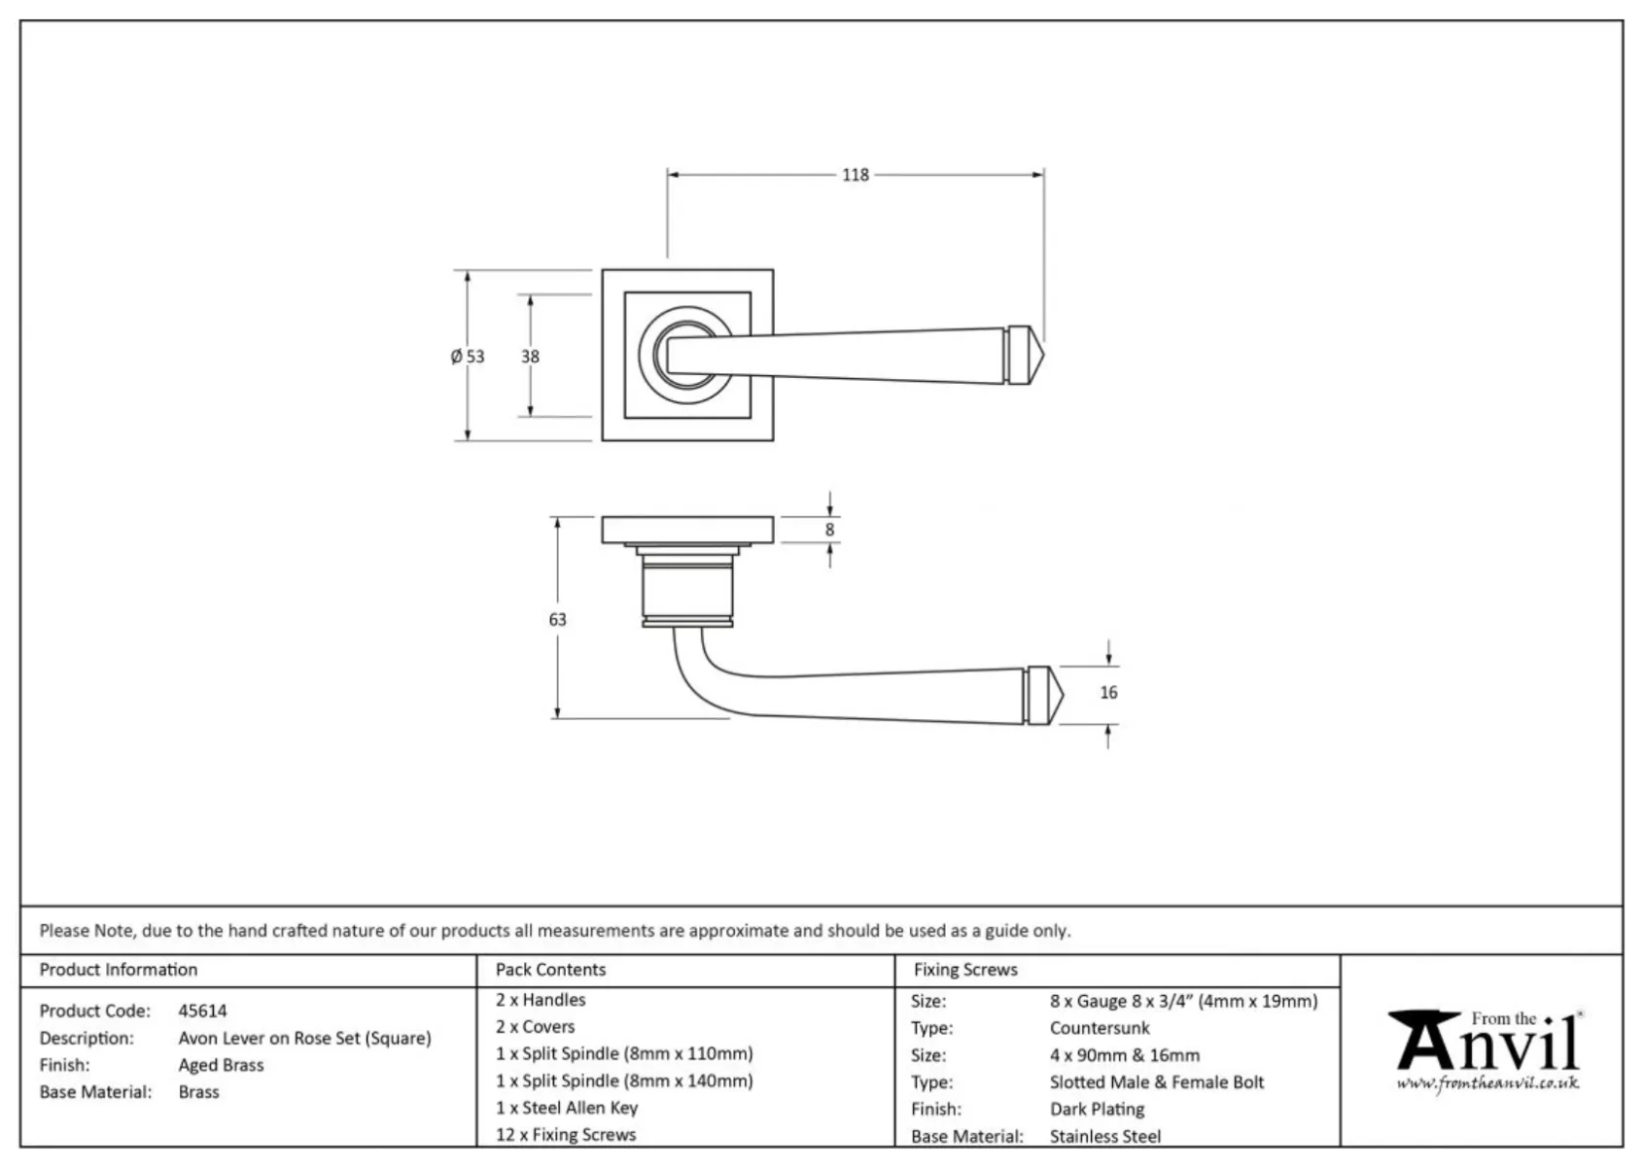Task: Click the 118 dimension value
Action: [x=855, y=175]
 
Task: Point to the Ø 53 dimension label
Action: [x=468, y=357]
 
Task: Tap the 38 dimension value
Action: [x=530, y=357]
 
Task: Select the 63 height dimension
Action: [x=558, y=620]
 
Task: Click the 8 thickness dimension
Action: [x=829, y=530]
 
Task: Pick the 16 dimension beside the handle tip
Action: [x=1108, y=692]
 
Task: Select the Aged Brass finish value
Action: [x=221, y=1065]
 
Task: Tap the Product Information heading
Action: [x=119, y=970]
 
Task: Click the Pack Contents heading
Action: [x=550, y=970]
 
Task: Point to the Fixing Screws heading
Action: [x=965, y=970]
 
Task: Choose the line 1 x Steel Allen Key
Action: [x=567, y=1108]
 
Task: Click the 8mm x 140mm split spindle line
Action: [x=624, y=1080]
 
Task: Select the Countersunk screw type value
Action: [x=1100, y=1028]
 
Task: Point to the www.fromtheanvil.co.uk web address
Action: [x=1487, y=1083]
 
